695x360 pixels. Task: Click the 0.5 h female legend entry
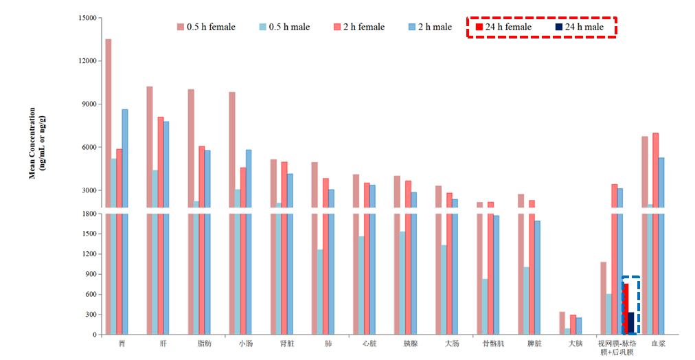tap(206, 27)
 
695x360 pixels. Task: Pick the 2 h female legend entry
tap(359, 27)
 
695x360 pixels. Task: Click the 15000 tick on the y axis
tap(88, 18)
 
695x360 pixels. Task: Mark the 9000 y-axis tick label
tap(90, 104)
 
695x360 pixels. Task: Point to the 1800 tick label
tap(90, 214)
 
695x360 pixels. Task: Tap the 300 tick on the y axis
tap(92, 315)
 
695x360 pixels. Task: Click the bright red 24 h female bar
tap(626, 309)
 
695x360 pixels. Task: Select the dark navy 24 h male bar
tap(631, 324)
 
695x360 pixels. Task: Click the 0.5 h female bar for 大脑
tap(562, 324)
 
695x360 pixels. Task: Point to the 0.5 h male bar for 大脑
tap(567, 331)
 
